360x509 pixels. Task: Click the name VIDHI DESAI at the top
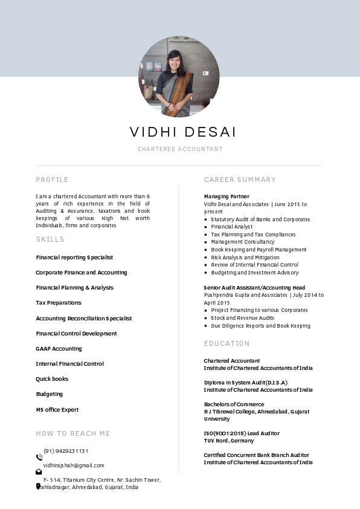tap(183, 132)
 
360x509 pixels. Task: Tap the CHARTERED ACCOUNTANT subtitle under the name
tap(180, 149)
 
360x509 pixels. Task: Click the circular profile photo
tap(179, 76)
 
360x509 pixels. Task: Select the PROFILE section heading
tap(52, 180)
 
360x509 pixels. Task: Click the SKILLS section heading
tap(50, 239)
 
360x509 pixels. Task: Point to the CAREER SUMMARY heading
tap(240, 180)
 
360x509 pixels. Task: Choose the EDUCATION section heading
tap(227, 343)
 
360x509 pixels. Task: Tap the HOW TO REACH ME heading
tap(73, 433)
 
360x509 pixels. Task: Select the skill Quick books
tap(52, 379)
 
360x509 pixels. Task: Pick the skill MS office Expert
tap(57, 410)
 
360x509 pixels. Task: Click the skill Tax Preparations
tap(59, 303)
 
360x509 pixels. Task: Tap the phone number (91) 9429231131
tap(66, 451)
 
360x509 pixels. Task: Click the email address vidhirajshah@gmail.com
tap(74, 465)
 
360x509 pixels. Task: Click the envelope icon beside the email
tap(39, 472)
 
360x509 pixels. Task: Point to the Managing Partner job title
tap(227, 196)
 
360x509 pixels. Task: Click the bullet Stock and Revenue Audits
tap(242, 318)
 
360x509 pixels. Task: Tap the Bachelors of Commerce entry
tap(234, 404)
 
